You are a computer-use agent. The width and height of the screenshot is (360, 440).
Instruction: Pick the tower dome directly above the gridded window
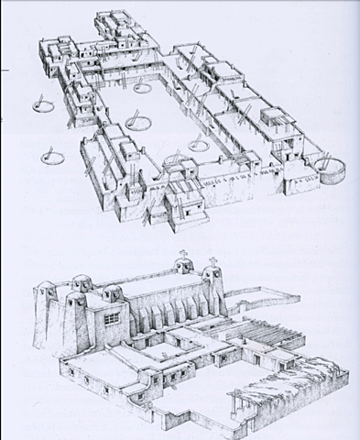click(x=114, y=291)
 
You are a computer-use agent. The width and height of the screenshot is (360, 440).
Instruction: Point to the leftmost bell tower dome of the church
click(x=49, y=281)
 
